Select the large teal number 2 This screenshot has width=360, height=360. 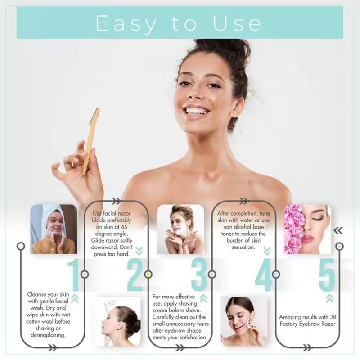click(x=135, y=274)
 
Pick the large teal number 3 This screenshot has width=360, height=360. click(x=198, y=274)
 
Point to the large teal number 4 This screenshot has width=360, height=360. click(x=264, y=274)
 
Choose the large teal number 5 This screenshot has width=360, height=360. click(x=327, y=274)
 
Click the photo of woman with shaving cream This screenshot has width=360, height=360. click(x=180, y=229)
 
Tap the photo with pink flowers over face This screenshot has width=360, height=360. click(x=307, y=229)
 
